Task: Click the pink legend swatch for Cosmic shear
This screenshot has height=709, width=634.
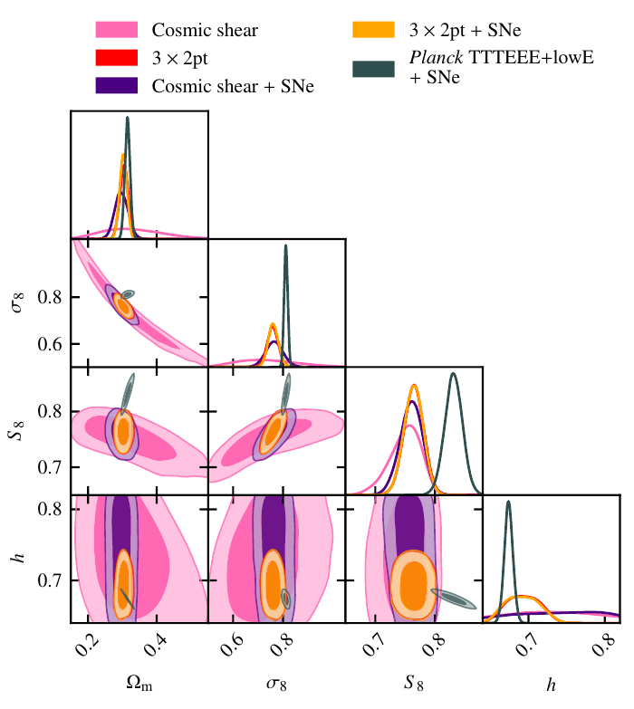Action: (117, 31)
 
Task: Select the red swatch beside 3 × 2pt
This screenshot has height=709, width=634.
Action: (117, 59)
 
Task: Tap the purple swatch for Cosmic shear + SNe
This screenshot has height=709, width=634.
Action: (117, 86)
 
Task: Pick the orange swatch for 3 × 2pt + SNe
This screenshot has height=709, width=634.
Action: (374, 30)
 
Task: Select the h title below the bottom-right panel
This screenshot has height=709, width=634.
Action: (551, 685)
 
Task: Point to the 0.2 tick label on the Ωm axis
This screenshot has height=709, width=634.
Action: (88, 648)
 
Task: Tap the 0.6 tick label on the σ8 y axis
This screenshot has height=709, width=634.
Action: (52, 344)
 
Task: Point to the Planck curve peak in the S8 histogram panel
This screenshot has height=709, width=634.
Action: (453, 374)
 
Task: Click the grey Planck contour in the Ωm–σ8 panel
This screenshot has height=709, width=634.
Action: (128, 294)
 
